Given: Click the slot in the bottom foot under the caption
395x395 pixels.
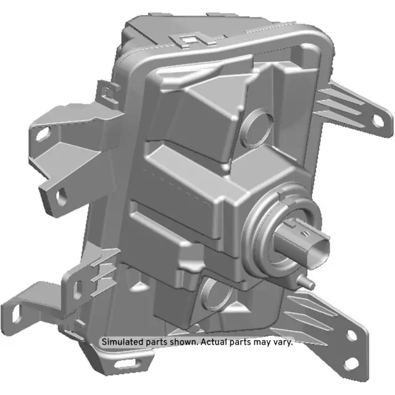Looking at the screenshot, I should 113,369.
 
